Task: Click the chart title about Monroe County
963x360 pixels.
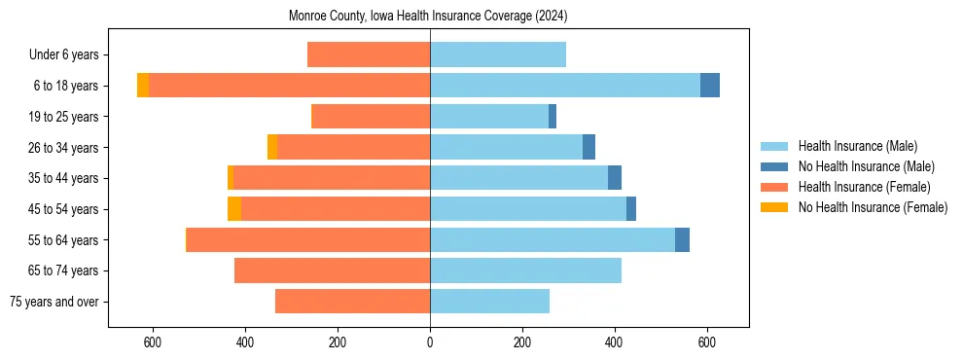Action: [428, 17]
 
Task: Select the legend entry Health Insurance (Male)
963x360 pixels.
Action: [856, 146]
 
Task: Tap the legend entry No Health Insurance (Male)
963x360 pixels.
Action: [864, 166]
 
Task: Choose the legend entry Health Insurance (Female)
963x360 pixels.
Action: [863, 187]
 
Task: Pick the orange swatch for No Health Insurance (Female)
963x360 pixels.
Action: [775, 207]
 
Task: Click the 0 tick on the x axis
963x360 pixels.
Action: [430, 342]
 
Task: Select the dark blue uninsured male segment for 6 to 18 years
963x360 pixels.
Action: [710, 86]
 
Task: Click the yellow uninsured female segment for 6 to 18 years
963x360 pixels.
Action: [143, 86]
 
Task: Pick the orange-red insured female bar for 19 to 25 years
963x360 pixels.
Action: [371, 117]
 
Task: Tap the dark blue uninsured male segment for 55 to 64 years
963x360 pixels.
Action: [682, 239]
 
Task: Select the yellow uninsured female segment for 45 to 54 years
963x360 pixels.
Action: [234, 209]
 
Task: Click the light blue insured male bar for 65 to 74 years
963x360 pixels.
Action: [525, 270]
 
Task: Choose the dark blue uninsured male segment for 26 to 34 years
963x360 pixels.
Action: [588, 147]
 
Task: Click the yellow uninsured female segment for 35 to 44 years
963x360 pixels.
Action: [231, 178]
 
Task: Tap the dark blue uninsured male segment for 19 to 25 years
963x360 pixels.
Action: [553, 117]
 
